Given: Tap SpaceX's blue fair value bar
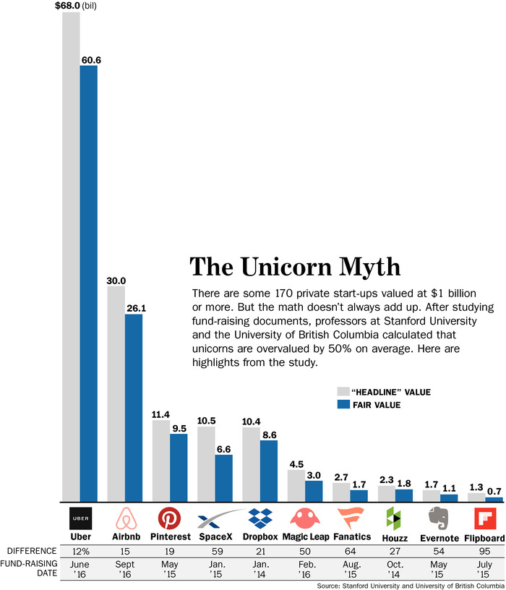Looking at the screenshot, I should click(224, 478).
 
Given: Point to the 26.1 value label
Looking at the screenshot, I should click(134, 307).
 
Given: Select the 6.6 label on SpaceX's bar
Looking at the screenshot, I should click(224, 448).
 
